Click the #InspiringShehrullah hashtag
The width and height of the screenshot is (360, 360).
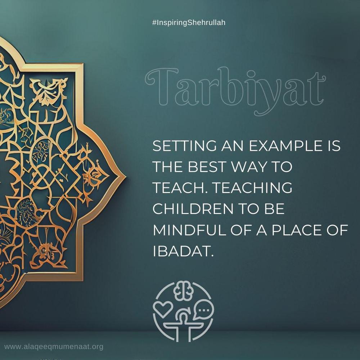tap(189, 23)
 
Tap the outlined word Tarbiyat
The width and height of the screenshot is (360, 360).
tap(235, 91)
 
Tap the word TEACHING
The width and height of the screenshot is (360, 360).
tap(253, 188)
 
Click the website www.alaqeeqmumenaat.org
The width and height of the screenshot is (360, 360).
tap(54, 347)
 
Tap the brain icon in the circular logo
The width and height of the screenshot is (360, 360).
tap(184, 291)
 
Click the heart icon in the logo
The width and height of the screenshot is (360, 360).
tap(163, 309)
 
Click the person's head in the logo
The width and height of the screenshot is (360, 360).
tap(183, 318)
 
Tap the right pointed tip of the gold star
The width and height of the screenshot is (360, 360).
tap(125, 177)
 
